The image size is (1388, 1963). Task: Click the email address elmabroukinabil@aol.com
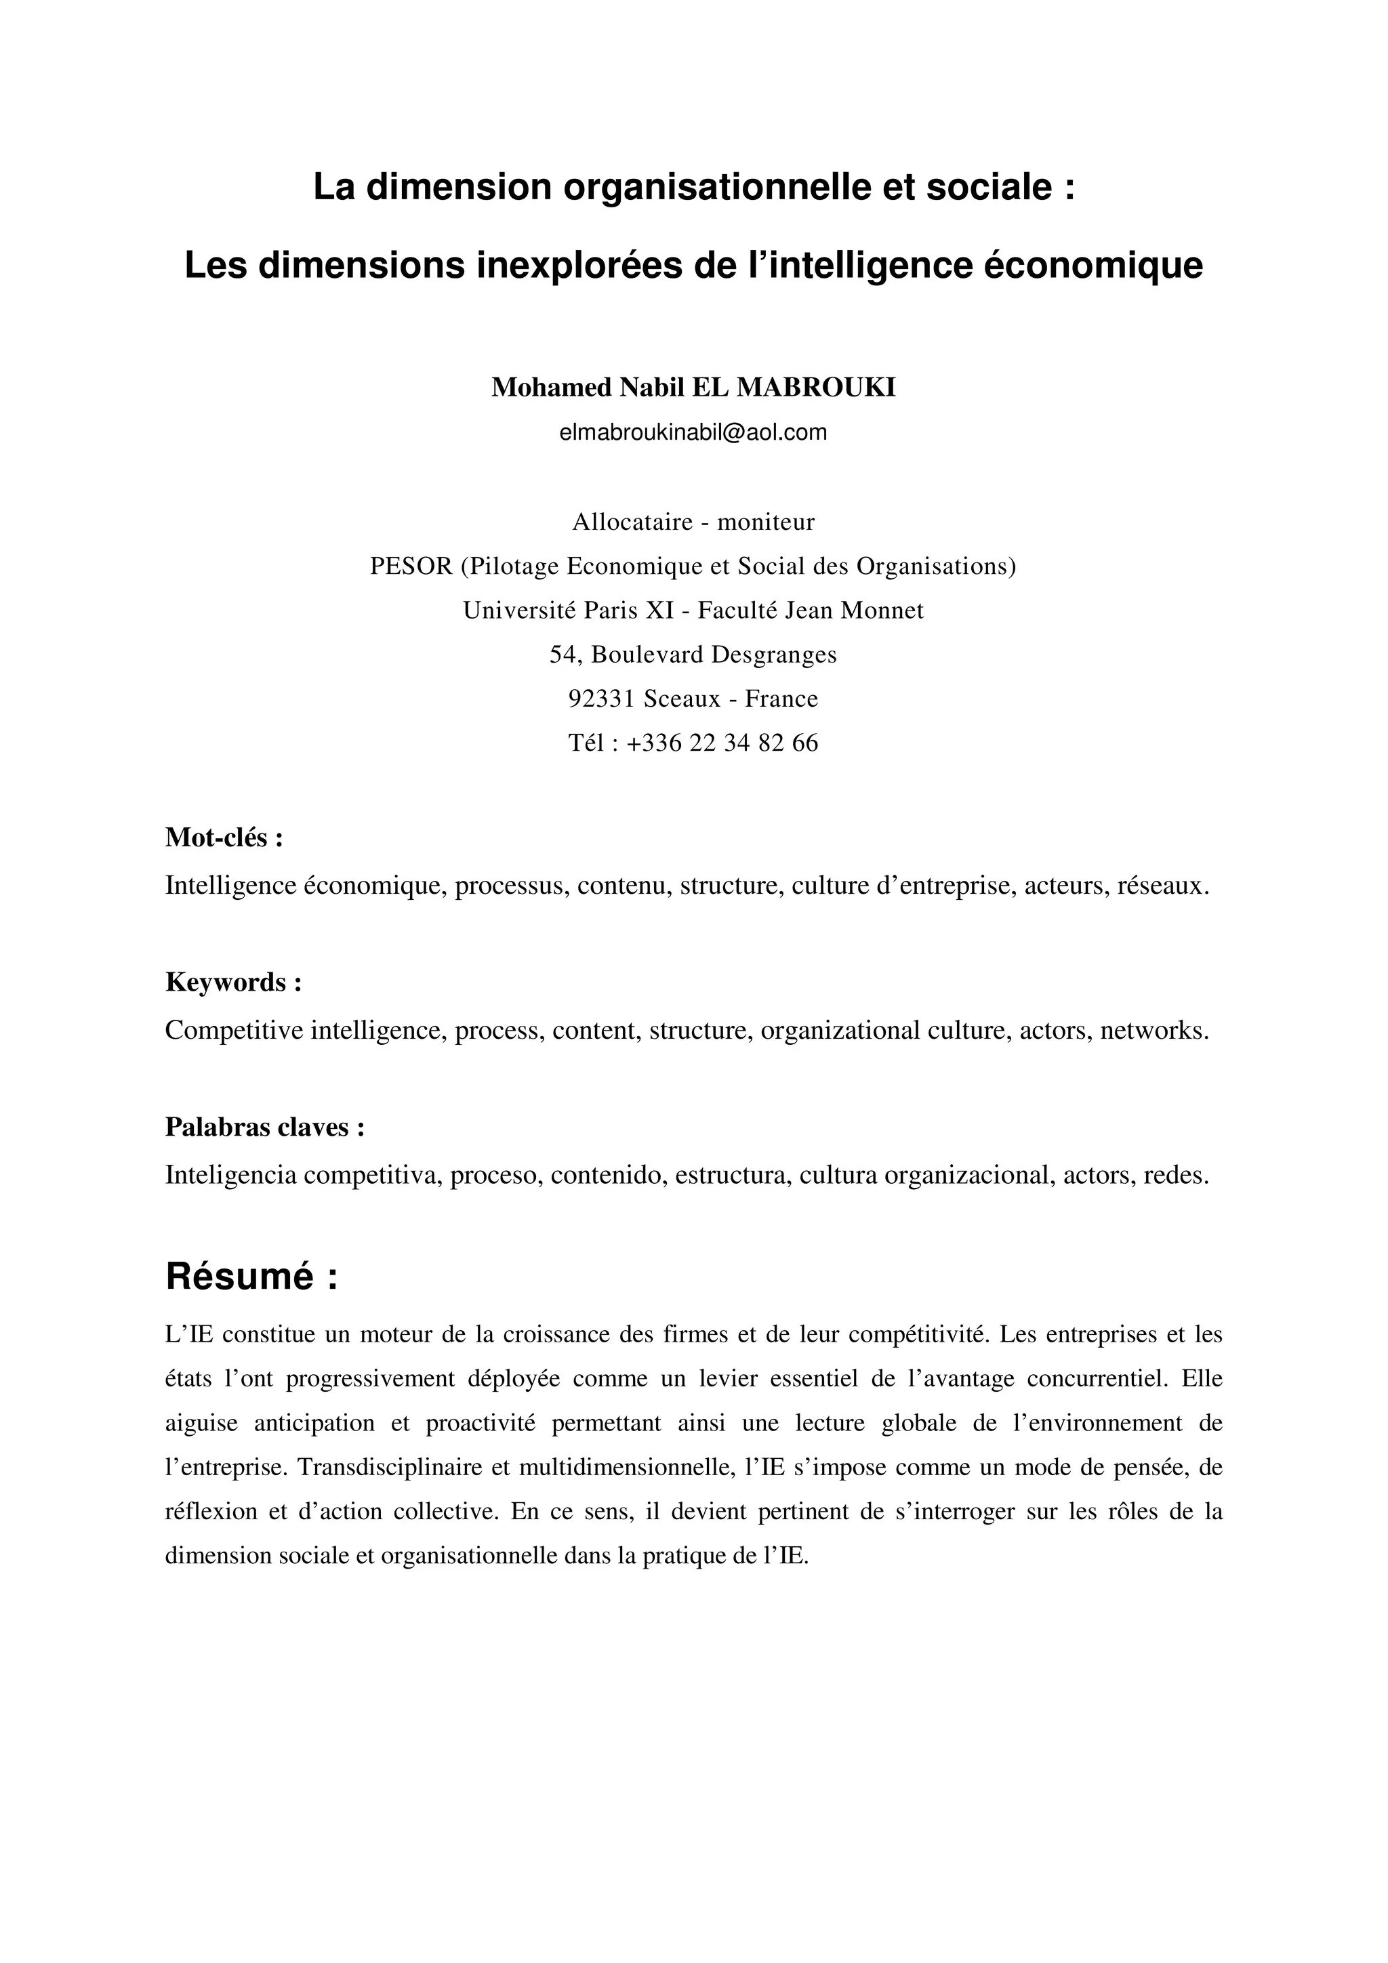[693, 432]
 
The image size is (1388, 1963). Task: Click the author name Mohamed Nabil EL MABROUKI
[693, 388]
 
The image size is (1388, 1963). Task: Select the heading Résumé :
[251, 1277]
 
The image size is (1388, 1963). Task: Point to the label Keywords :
[233, 983]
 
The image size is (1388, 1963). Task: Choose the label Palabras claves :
[265, 1127]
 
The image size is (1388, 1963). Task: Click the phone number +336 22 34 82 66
[722, 743]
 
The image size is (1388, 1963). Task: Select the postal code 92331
[601, 699]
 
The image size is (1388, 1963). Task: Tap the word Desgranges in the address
[774, 655]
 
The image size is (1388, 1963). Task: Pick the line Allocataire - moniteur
[693, 522]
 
